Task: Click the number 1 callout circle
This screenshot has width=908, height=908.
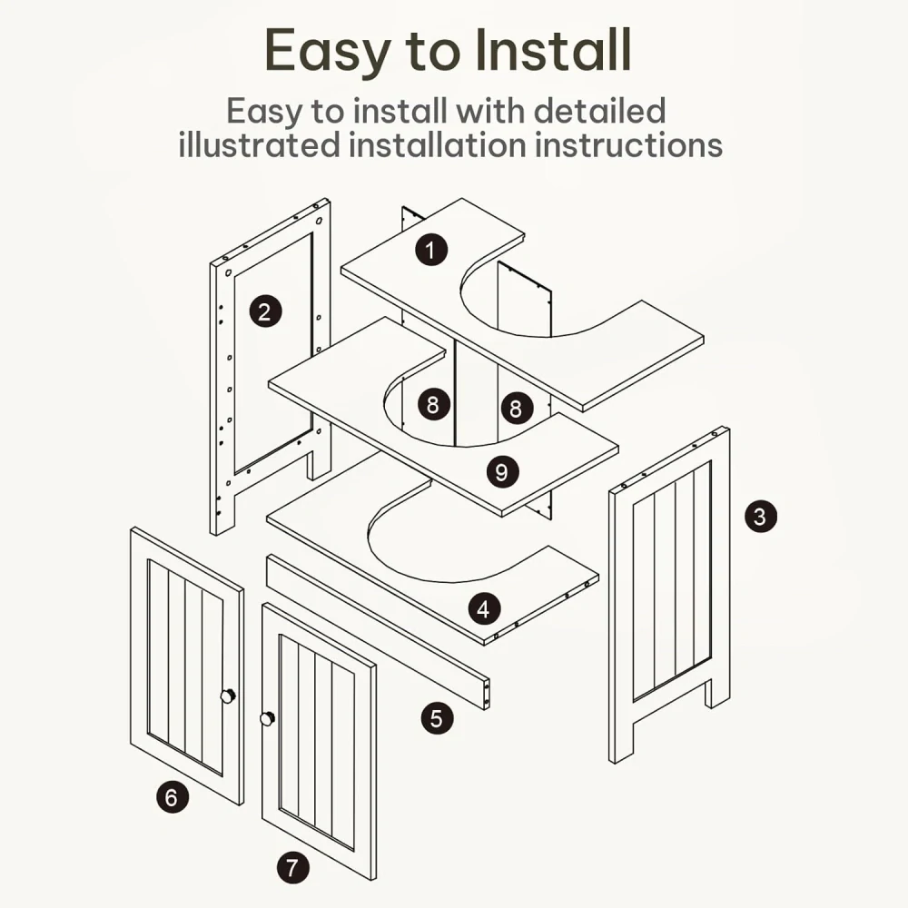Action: coord(430,251)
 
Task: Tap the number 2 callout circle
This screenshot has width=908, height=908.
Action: coord(265,311)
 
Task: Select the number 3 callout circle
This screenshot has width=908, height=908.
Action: coord(760,516)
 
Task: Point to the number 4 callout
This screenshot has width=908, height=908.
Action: coord(484,608)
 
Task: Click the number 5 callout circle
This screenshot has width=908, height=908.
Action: coord(437,718)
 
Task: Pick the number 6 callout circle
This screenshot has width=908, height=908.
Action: coord(172,797)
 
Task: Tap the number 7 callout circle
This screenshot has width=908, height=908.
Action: coord(292,867)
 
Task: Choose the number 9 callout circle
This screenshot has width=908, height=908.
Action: coord(501,471)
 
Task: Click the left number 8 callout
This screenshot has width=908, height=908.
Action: coord(433,404)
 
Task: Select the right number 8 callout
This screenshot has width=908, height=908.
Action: coord(516,408)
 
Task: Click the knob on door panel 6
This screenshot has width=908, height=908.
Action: coord(228,696)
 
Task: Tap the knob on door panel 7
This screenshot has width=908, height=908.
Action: coord(267,719)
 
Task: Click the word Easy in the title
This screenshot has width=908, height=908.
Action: coord(327,51)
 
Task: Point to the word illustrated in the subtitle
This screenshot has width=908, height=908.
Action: coord(259,144)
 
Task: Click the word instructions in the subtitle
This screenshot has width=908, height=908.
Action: coord(629,144)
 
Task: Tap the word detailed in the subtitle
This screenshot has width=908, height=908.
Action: coord(599,110)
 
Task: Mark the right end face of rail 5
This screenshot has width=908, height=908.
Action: coord(486,693)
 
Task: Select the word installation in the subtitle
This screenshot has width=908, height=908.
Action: coord(438,144)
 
